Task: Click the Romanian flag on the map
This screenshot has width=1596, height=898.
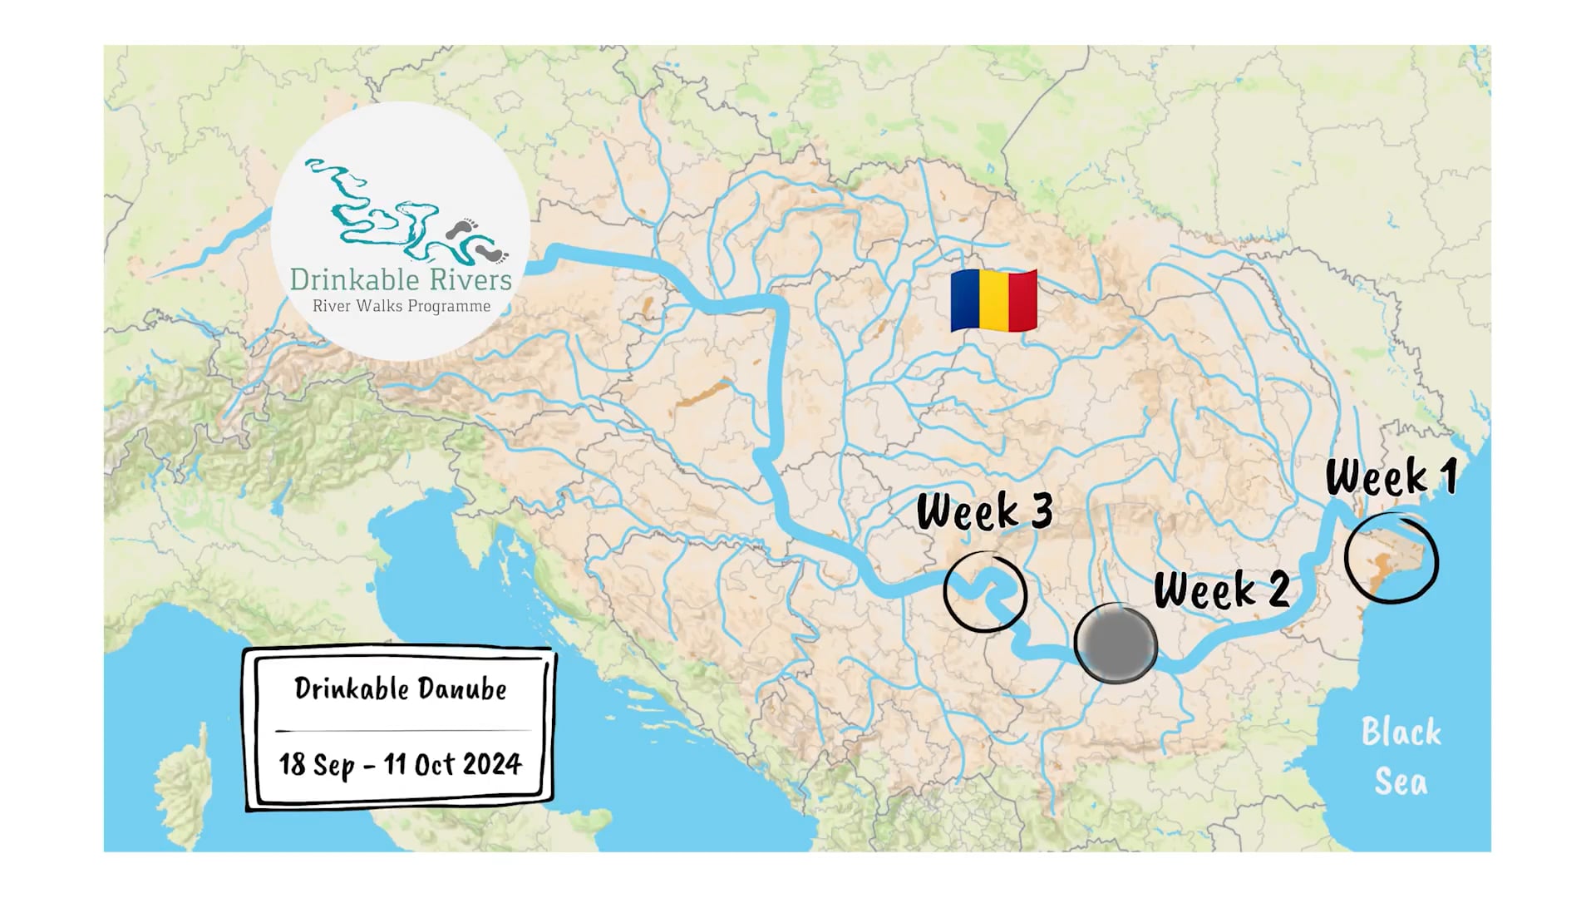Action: pos(994,300)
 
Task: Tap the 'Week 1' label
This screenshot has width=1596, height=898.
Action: pos(1391,477)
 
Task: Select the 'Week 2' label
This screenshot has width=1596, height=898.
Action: pos(1221,590)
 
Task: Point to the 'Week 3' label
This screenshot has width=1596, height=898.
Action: pos(984,511)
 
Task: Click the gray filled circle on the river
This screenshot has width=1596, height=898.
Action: pos(1116,644)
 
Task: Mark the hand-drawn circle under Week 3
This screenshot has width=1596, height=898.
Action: pos(986,592)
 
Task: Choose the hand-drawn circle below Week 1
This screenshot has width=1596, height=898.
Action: pos(1391,559)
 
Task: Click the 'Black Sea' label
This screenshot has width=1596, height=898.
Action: pos(1401,757)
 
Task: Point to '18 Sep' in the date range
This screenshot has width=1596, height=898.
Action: pos(317,764)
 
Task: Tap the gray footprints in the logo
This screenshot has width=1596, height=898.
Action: pos(477,239)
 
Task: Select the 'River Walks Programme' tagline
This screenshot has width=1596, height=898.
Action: pos(401,306)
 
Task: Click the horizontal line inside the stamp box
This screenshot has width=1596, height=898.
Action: pos(402,730)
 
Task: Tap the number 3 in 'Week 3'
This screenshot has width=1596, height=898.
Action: pos(1041,510)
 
